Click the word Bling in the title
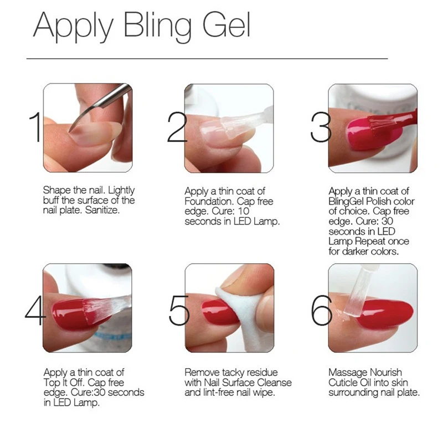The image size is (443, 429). pyautogui.click(x=157, y=27)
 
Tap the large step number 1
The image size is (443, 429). pyautogui.click(x=35, y=127)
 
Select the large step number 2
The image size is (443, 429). pyautogui.click(x=177, y=127)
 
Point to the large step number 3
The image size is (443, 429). pyautogui.click(x=321, y=127)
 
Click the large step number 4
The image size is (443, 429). pyautogui.click(x=35, y=310)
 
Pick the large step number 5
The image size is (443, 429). pyautogui.click(x=179, y=310)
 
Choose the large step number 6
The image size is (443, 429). pyautogui.click(x=322, y=310)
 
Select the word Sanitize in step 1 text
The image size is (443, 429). pyautogui.click(x=102, y=210)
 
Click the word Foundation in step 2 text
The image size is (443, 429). pyautogui.click(x=209, y=201)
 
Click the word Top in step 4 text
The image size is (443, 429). pyautogui.click(x=50, y=383)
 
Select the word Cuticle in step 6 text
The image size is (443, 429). pyautogui.click(x=343, y=383)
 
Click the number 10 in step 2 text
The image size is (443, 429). pyautogui.click(x=244, y=211)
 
